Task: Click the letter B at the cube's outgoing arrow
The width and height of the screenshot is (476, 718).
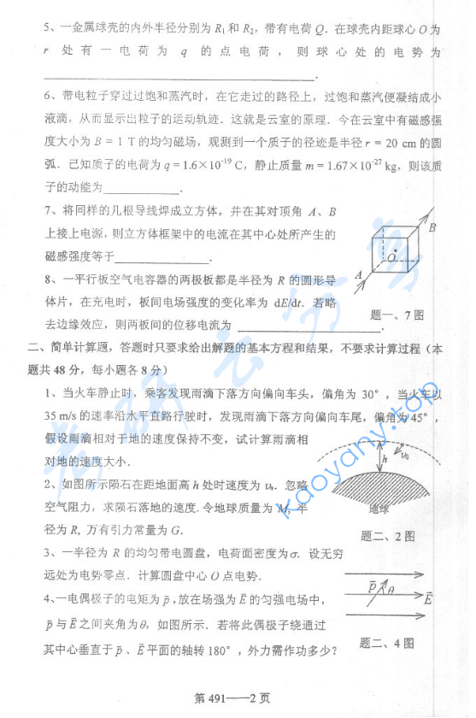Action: pos(432,227)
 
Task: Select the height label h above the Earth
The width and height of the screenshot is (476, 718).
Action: pos(385,459)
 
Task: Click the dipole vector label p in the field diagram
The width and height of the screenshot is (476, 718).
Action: pos(372,586)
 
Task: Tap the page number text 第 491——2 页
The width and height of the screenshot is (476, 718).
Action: pos(232,697)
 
